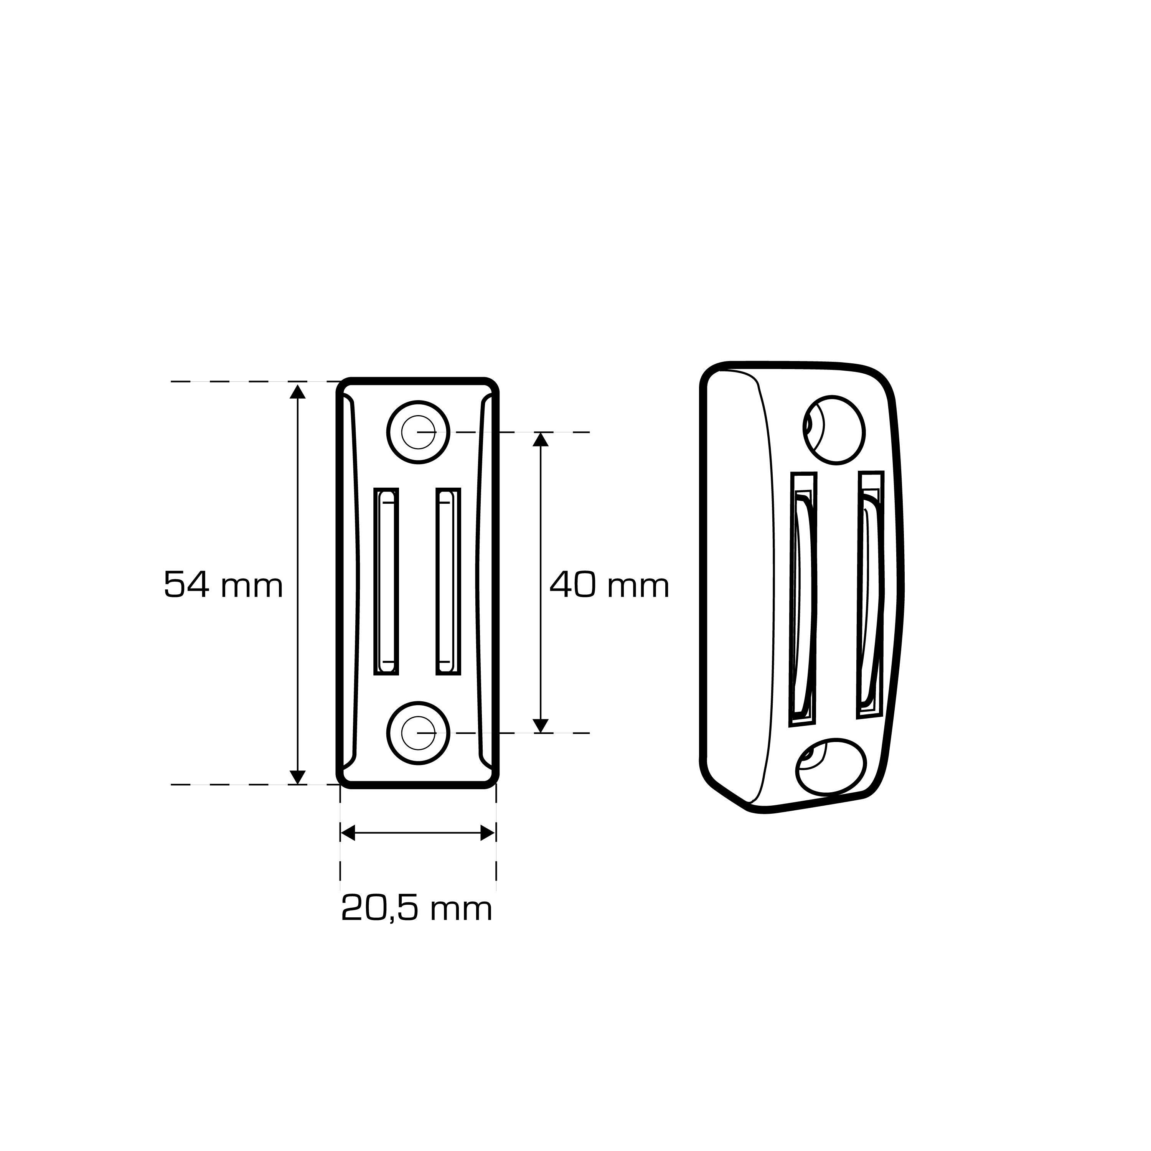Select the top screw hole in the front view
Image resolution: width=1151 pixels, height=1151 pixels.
[418, 432]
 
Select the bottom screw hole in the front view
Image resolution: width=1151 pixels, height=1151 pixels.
[418, 732]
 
